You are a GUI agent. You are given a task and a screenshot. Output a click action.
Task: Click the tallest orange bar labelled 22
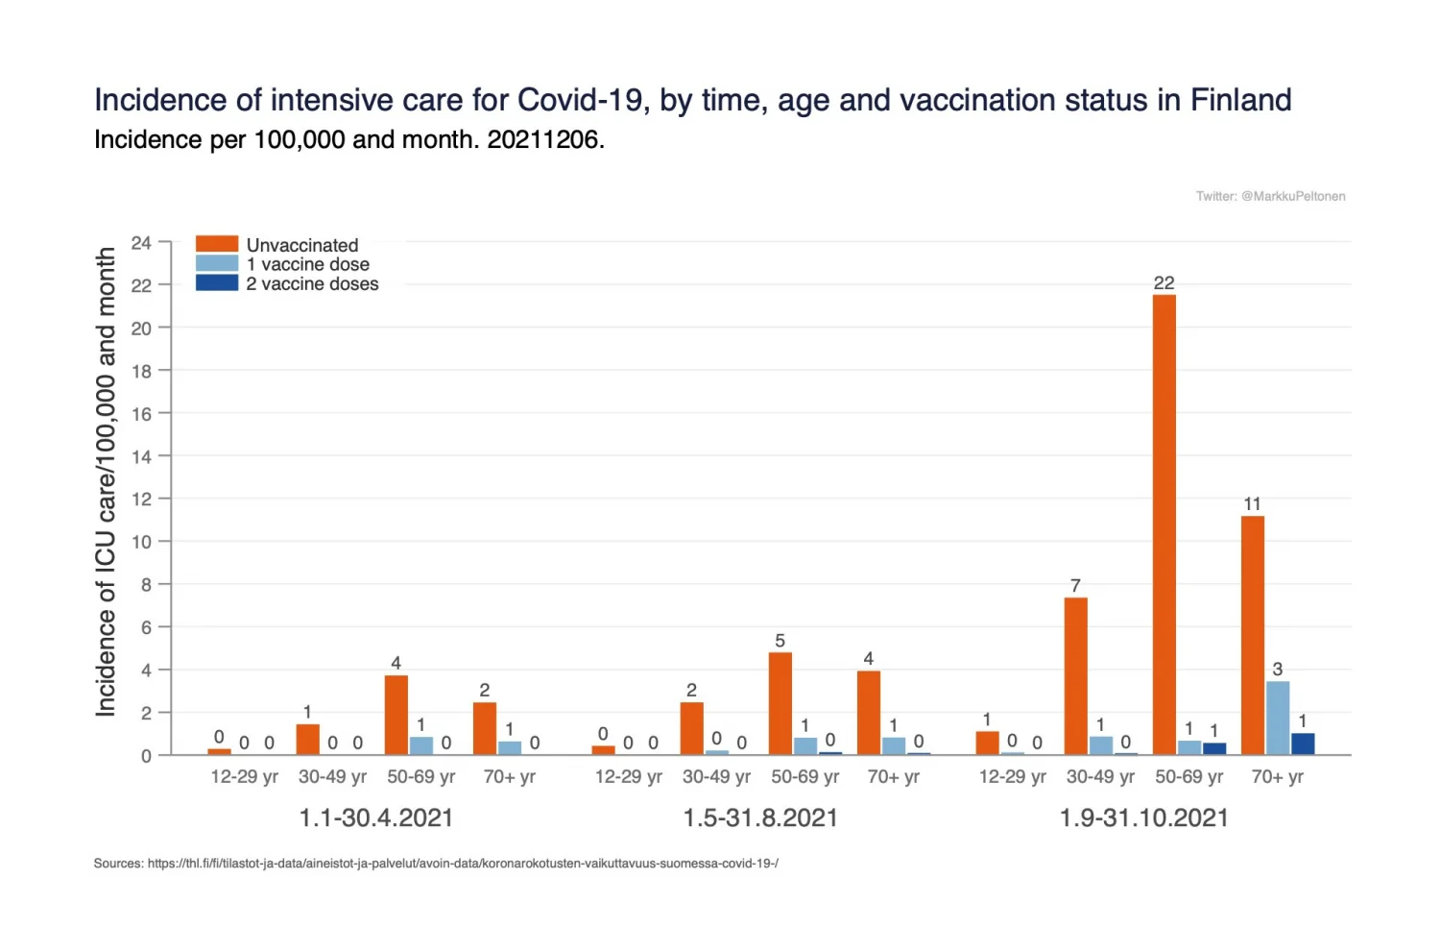(1164, 524)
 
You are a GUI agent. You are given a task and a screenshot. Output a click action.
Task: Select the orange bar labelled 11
(1252, 635)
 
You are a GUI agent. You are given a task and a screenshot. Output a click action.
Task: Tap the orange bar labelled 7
(1075, 676)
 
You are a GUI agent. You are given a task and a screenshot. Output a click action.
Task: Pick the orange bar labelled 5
(780, 703)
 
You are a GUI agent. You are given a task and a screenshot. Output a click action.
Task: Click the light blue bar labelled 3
(1278, 718)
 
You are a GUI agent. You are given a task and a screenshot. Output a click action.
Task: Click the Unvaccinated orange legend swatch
(216, 245)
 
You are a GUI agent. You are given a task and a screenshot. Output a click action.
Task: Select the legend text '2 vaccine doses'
(312, 284)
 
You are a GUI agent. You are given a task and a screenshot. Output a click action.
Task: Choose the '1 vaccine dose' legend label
(307, 265)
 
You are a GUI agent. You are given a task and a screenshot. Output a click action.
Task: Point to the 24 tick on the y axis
(141, 243)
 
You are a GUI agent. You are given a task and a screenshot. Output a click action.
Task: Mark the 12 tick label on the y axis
(141, 500)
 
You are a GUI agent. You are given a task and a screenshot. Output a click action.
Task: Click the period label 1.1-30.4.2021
(375, 818)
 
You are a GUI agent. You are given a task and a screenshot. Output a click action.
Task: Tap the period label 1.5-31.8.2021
(759, 818)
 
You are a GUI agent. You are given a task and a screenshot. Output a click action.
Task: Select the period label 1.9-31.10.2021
(1143, 818)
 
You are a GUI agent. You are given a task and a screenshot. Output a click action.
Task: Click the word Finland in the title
(1240, 101)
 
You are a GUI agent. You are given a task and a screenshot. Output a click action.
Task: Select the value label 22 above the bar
(1164, 283)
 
